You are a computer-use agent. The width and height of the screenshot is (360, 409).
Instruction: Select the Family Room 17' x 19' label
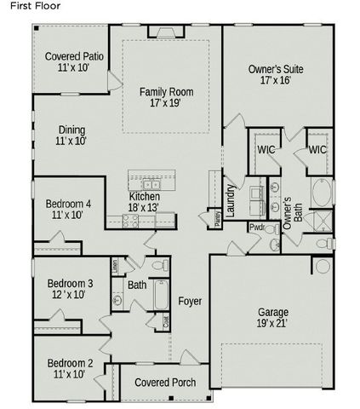click(x=167, y=96)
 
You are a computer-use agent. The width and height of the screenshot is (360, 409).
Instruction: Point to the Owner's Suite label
click(x=276, y=75)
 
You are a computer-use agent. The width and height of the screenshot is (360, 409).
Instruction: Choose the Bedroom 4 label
click(x=68, y=210)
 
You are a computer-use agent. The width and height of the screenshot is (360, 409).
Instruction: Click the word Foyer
click(x=190, y=302)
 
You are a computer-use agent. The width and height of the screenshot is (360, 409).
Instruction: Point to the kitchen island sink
click(x=151, y=184)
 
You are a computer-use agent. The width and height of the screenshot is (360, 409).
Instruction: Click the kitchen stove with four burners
click(x=130, y=219)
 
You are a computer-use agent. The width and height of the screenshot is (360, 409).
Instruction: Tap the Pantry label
click(x=218, y=217)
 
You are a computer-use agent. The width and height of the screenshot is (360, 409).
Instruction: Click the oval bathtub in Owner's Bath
click(x=322, y=193)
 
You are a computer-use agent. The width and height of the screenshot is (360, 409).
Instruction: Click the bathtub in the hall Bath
click(x=161, y=298)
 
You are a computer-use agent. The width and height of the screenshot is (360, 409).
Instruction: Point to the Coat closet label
click(x=166, y=320)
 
